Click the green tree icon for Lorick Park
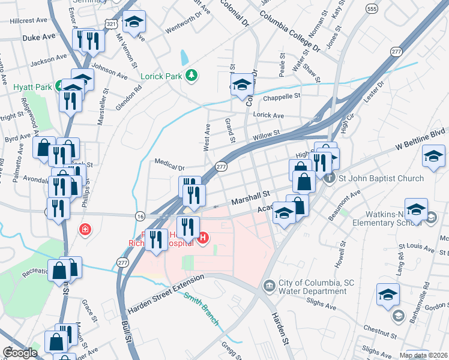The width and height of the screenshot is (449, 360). pyautogui.click(x=191, y=76)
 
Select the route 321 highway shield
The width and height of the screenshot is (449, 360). pyautogui.click(x=110, y=23)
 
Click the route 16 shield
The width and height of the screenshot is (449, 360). pyautogui.click(x=140, y=215)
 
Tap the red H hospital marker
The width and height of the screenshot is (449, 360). pyautogui.click(x=203, y=238)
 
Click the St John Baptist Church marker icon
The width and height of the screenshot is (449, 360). pyautogui.click(x=328, y=178)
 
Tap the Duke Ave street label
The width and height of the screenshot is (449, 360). pyautogui.click(x=38, y=37)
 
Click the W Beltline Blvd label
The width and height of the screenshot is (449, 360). pyautogui.click(x=419, y=139)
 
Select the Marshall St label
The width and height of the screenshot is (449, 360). pyautogui.click(x=248, y=196)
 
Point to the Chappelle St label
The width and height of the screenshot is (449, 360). pyautogui.click(x=279, y=95)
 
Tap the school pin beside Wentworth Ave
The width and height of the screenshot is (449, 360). pyautogui.click(x=134, y=23)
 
